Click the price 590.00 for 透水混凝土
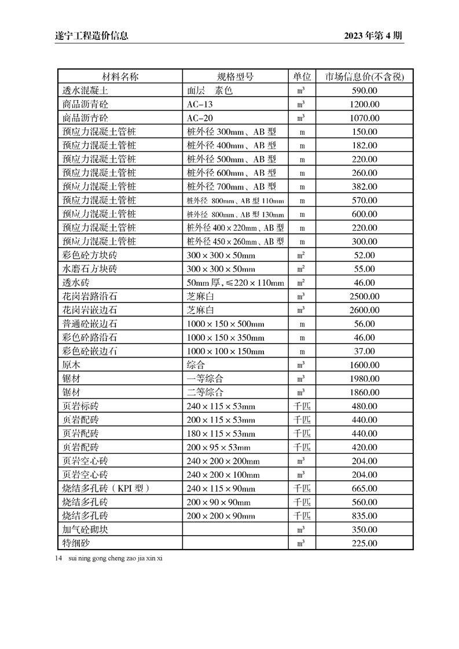(364, 91)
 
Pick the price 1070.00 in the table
(364, 118)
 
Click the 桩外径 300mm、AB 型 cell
(231, 132)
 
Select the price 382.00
(364, 187)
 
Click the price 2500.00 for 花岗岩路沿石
(364, 297)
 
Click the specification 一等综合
(205, 379)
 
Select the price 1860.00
(364, 393)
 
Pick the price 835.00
(364, 516)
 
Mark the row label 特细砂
(76, 544)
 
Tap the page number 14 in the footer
(58, 559)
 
